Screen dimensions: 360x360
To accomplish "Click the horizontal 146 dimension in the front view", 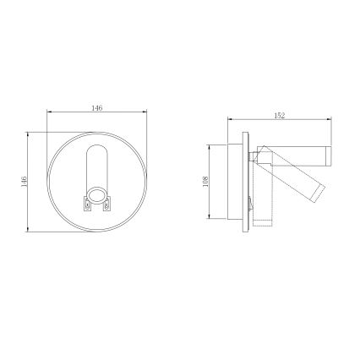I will [96, 109].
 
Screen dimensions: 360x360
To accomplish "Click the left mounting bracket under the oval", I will [86, 203].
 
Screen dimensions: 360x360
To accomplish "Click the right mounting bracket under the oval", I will [108, 203].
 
